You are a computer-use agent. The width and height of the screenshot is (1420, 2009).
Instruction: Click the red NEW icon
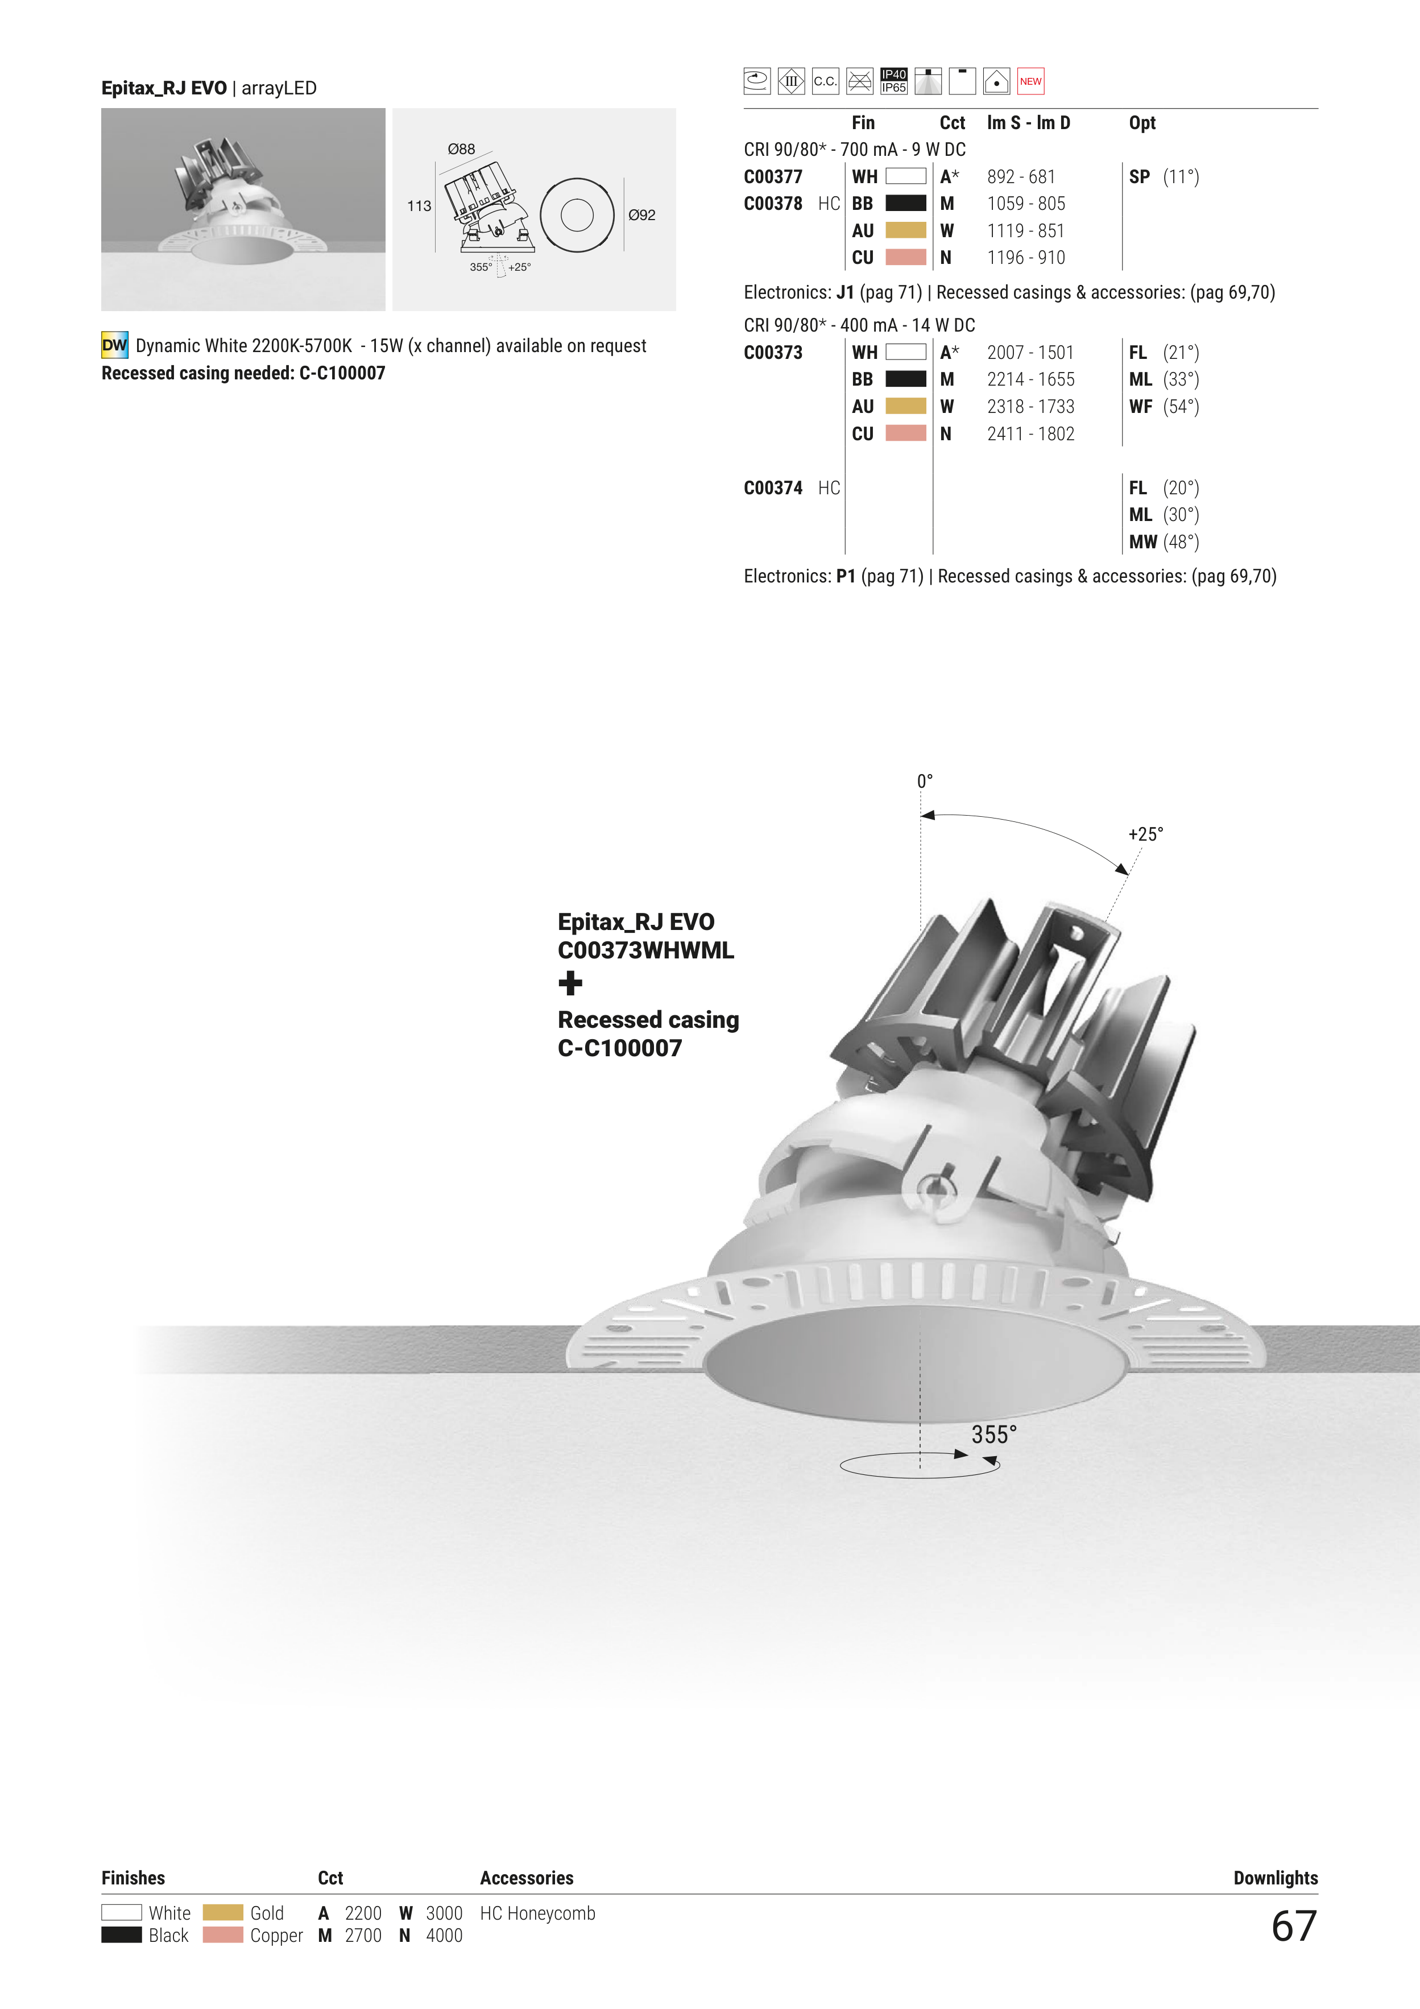1030,81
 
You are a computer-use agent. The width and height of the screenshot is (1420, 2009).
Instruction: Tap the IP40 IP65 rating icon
893,81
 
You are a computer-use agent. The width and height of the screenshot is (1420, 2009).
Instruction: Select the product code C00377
773,177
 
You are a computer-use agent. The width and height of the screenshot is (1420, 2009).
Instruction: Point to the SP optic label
1139,177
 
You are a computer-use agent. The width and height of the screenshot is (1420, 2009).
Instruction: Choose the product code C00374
773,488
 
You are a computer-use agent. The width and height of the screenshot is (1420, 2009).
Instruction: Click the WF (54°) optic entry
1164,407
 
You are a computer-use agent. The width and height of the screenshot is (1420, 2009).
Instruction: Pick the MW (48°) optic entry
1164,543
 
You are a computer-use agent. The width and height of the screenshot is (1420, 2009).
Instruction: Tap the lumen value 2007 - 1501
1030,353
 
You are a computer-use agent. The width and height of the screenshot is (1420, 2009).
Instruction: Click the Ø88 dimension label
461,150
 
